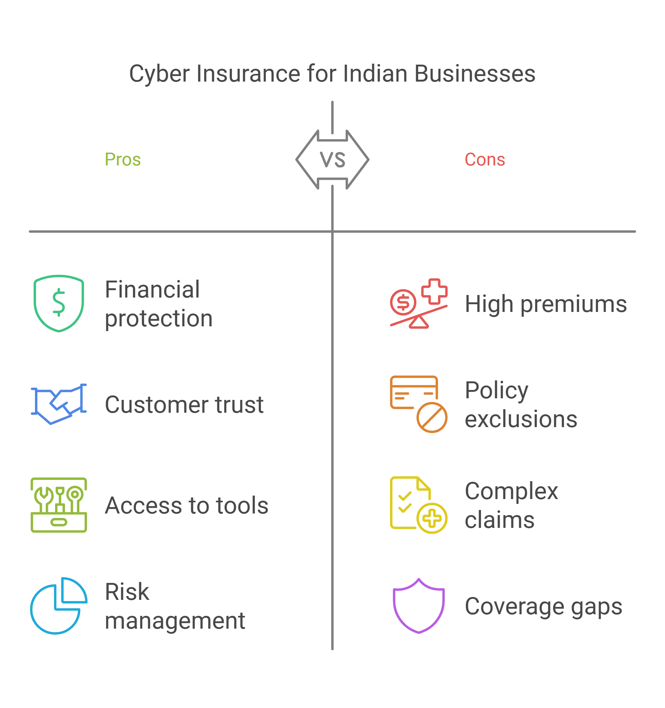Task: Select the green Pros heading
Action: point(123,160)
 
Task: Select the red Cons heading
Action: point(485,159)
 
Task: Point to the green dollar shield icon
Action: point(59,303)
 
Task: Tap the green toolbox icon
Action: point(58,505)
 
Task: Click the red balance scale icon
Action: point(418,303)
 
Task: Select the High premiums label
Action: point(546,305)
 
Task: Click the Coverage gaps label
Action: point(543,608)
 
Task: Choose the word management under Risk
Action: point(175,621)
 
